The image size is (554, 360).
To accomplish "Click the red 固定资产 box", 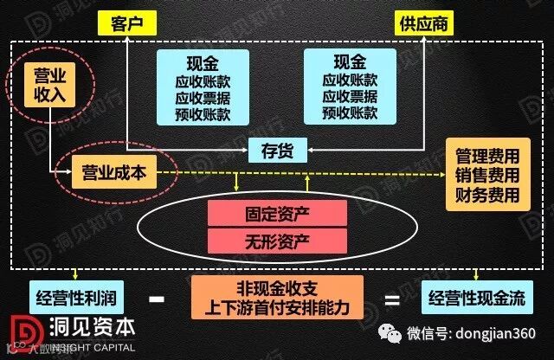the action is coord(276,212).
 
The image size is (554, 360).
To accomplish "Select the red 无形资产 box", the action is coord(276,240).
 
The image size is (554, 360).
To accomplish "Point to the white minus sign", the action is coord(157,300).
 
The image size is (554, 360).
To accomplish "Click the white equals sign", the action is coord(391,300).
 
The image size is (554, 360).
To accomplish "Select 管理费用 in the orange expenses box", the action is coord(487,157).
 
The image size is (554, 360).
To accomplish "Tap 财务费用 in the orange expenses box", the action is coord(487,196).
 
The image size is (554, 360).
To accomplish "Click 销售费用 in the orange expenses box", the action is coord(487,176).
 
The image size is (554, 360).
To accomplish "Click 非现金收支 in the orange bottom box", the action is coord(276,291).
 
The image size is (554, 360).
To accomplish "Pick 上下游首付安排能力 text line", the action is coord(276,310).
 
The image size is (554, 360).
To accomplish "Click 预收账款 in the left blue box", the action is coord(203,113).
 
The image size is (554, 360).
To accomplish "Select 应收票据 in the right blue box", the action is coord(350,96).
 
